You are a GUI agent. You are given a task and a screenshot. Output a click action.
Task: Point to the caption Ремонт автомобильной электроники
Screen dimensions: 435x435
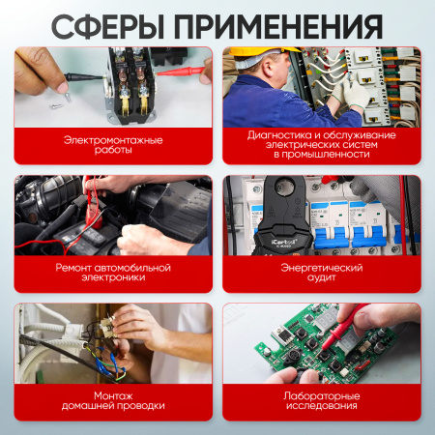coord(113,272)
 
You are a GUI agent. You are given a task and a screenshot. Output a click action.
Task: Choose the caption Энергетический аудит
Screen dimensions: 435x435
coord(322,272)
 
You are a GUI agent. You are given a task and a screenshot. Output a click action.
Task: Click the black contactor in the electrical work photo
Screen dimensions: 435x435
coord(126,87)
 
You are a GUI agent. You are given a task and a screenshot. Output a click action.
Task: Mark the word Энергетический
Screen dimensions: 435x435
coord(322,266)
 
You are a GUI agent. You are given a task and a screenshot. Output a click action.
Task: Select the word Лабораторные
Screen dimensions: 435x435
coord(322,395)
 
